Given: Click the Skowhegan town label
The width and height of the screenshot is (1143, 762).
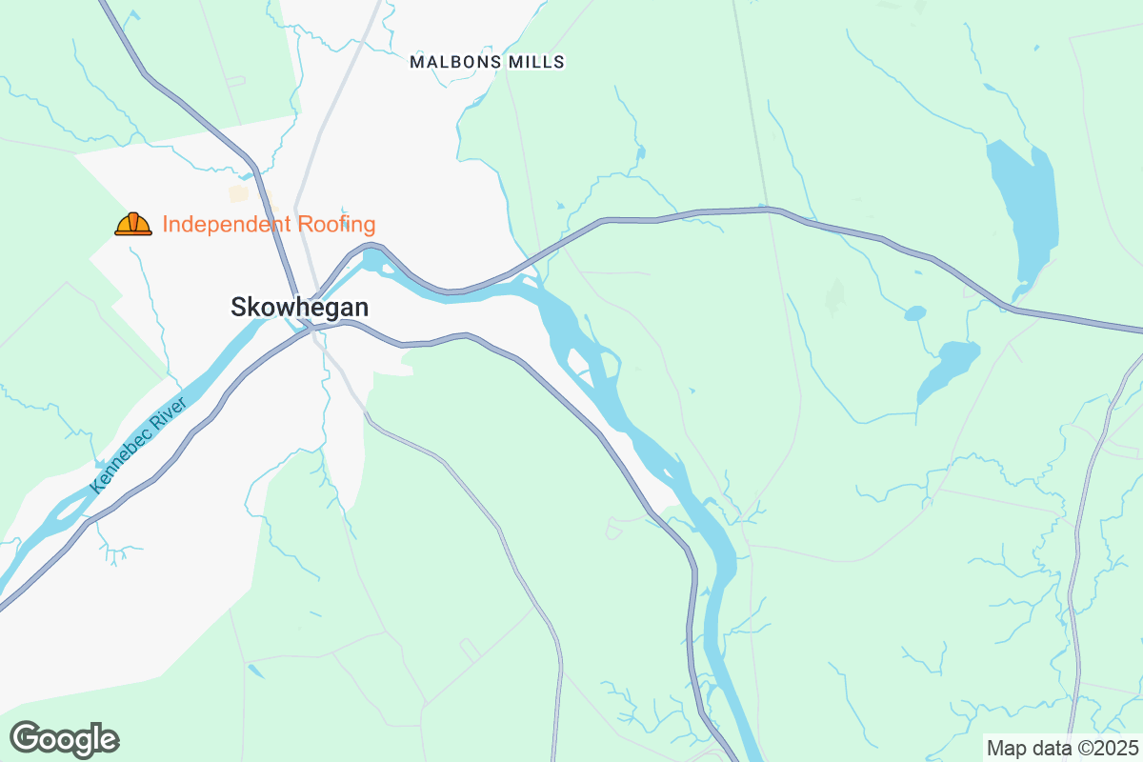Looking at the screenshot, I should [299, 307].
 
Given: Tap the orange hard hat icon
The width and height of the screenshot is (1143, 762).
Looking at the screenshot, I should [133, 224].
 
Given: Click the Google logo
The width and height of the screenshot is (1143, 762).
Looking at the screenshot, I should [64, 739].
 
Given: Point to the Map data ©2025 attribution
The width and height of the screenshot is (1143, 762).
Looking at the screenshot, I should [1062, 748].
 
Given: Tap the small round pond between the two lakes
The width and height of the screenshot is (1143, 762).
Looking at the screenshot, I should [914, 312].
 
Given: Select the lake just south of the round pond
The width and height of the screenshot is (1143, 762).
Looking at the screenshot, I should [948, 367].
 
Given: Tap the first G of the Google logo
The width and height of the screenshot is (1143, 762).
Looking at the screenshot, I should [26, 738].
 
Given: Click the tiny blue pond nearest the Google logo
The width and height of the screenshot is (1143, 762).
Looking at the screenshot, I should [255, 671].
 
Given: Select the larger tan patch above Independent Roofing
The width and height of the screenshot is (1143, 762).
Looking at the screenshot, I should [238, 193].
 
